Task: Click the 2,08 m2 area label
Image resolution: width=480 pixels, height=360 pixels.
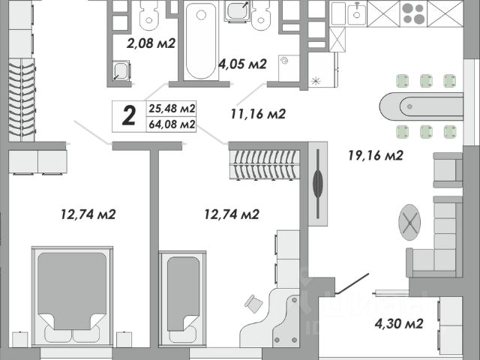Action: (151, 43)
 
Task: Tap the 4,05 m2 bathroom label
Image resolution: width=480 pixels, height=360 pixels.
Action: (242, 64)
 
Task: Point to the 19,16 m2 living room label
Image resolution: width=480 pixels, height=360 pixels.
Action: (376, 156)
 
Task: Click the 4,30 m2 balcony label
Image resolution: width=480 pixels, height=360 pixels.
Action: (399, 324)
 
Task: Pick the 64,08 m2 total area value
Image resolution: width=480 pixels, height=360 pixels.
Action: (172, 124)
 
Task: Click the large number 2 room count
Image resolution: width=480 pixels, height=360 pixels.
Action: (129, 115)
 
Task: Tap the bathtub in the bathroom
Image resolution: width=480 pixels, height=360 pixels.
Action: (201, 41)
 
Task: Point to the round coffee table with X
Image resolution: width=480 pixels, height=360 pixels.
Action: (409, 220)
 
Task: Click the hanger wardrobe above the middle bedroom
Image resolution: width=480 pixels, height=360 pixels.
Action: (264, 165)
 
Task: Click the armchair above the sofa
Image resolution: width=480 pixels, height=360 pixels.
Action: (447, 169)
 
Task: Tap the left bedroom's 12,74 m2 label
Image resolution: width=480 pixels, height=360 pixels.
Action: (88, 214)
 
